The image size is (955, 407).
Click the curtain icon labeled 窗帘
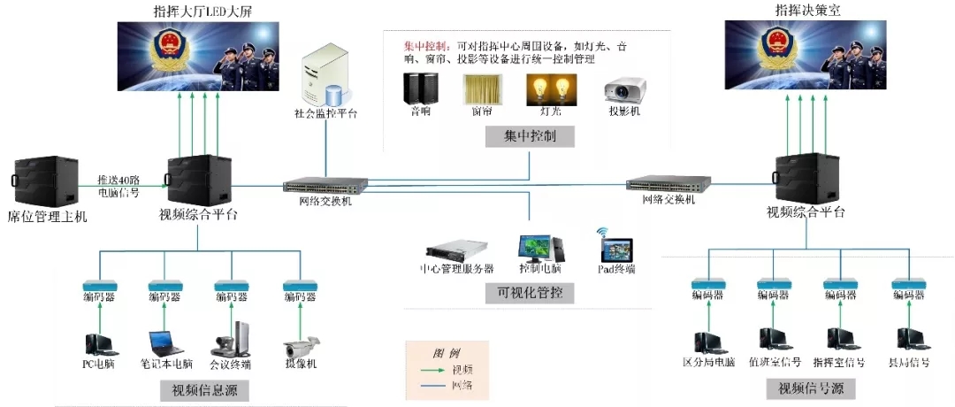pos(482,89)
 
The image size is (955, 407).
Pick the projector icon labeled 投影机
pos(624,90)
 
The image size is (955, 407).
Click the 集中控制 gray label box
pos(530,136)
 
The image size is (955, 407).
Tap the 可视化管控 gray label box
pos(531,292)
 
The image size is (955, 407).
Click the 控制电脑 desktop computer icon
pos(537,247)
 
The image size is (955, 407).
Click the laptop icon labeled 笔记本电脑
pos(165,343)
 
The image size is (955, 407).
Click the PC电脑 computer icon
pos(99,343)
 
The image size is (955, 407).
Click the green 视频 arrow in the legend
pos(431,370)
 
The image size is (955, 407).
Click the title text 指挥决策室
pos(787,10)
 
